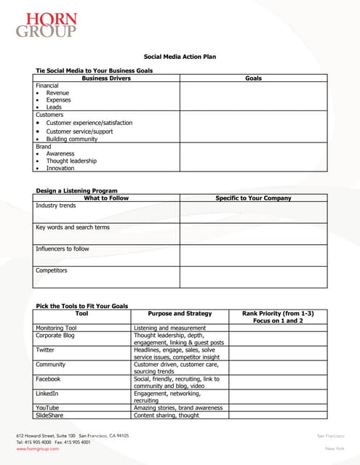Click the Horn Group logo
pos(46,25)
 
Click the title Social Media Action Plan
pos(180,56)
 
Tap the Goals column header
pos(253,78)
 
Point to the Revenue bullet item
pos(59,93)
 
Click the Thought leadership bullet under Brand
pos(71,161)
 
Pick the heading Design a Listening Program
pos(76,190)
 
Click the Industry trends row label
pos(55,206)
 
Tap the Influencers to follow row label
pos(63,248)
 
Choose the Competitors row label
pos(51,270)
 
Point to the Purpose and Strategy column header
pos(180,313)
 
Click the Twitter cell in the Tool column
pos(45,349)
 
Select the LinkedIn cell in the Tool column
pos(47,393)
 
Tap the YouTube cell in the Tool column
pos(47,408)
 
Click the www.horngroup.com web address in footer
pos(37,449)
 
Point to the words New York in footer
pos(335,449)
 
